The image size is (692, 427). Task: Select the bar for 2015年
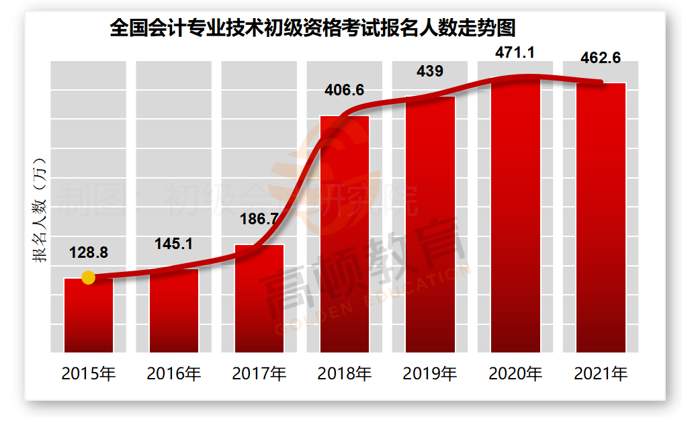click(x=89, y=316)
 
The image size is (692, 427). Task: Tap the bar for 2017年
click(x=259, y=299)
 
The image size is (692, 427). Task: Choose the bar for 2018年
click(x=345, y=234)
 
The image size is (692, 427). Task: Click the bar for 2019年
click(x=430, y=225)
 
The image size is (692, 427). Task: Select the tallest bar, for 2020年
click(x=515, y=215)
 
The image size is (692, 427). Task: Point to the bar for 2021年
click(x=601, y=218)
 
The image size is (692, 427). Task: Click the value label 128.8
click(x=89, y=253)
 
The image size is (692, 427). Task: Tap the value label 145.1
click(x=174, y=244)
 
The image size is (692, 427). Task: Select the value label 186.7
click(x=259, y=220)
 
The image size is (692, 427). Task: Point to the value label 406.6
click(x=344, y=90)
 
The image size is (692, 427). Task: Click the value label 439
click(x=430, y=71)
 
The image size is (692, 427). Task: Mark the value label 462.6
click(x=601, y=58)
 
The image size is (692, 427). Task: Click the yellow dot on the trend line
click(x=88, y=277)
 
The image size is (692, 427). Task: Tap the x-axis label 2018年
click(x=345, y=373)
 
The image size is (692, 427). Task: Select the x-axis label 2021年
click(x=601, y=373)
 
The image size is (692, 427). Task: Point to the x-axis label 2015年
click(x=89, y=373)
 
